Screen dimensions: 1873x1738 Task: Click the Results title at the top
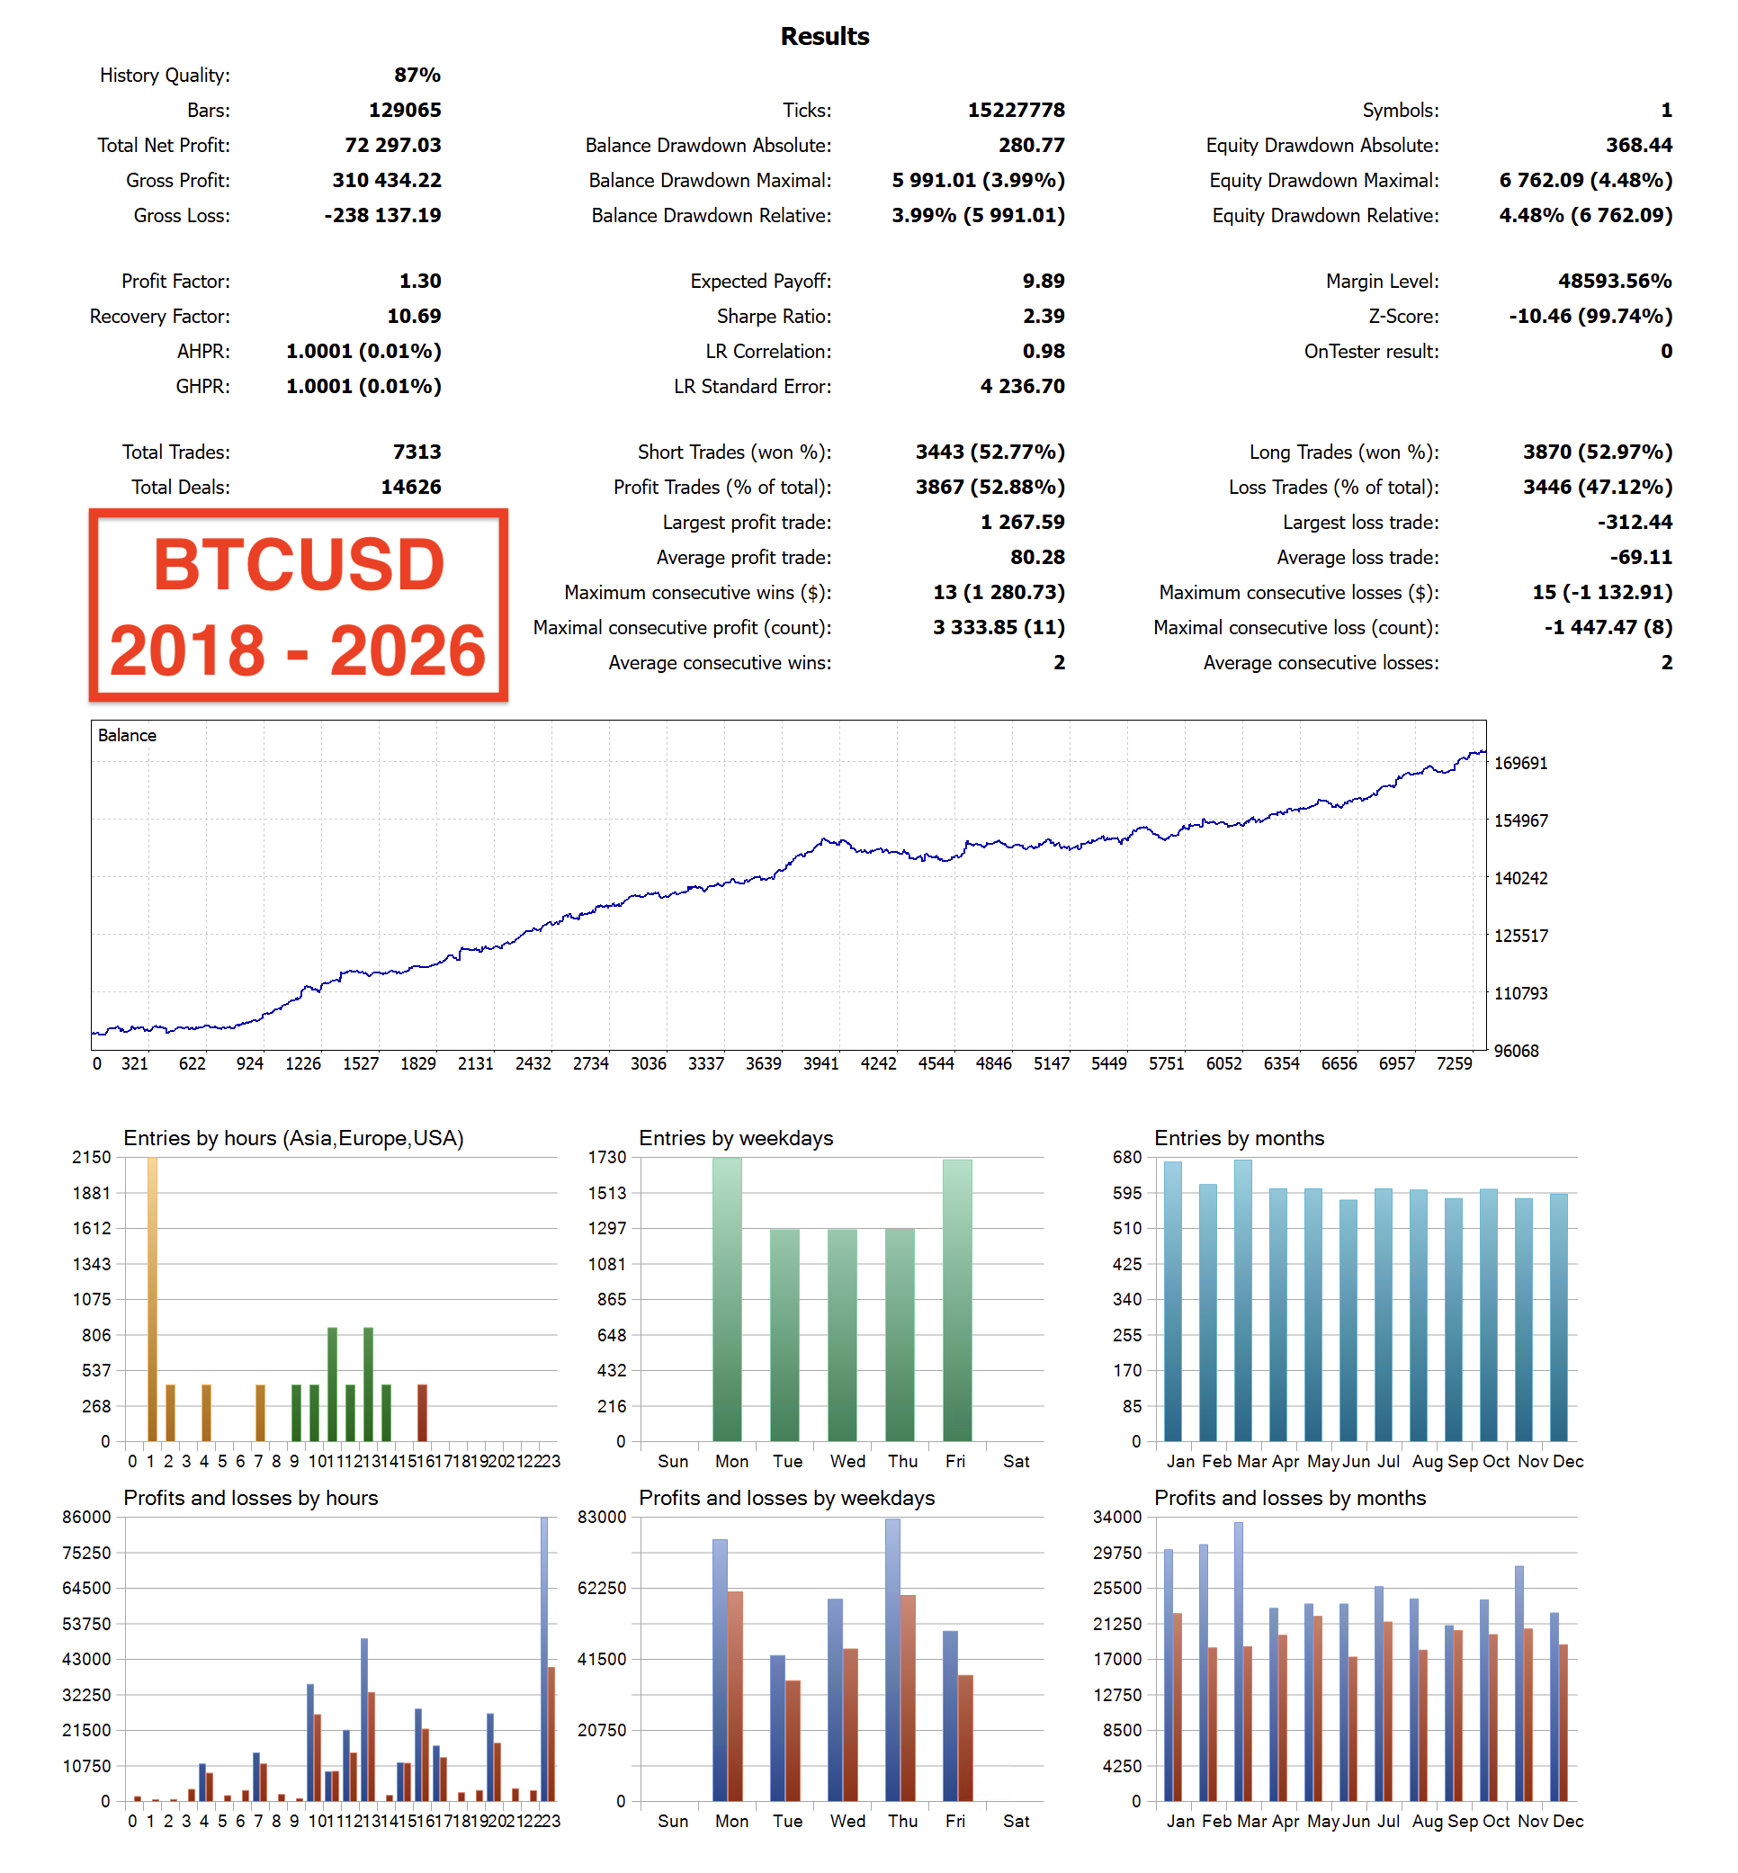pos(824,37)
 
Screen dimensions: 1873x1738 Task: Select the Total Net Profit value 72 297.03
pos(392,145)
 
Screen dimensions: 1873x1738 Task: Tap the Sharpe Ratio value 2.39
pos(1043,316)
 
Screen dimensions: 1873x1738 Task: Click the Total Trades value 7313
pos(417,453)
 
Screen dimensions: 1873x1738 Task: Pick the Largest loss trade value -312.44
pos(1635,522)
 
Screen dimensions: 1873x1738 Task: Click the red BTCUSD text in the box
pos(298,565)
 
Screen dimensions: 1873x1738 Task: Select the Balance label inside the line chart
pos(127,735)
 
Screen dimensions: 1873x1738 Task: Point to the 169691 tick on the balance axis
pos(1519,763)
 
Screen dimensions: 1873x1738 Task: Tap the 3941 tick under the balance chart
pos(820,1063)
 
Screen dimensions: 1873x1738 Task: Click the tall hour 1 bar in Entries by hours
pos(152,1297)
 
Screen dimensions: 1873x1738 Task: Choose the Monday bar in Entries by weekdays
pos(727,1297)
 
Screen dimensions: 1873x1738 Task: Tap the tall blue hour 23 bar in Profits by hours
pos(543,1655)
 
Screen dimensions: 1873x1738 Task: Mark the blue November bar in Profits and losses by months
pos(1519,1683)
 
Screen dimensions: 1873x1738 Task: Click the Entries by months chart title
pos(1239,1138)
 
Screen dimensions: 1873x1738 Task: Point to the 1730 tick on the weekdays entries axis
pos(606,1158)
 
